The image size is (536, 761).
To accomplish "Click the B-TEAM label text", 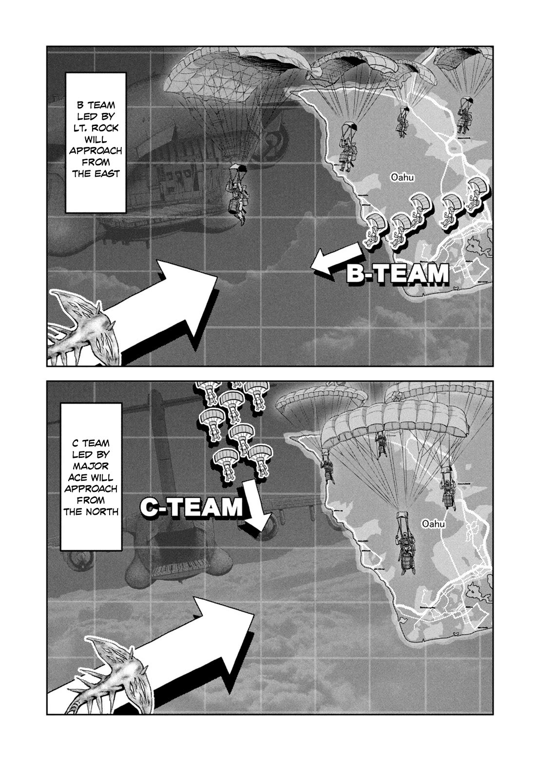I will click(x=397, y=273).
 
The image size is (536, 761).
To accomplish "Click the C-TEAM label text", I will click(x=191, y=507).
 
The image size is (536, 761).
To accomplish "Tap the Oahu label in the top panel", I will click(x=402, y=178).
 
